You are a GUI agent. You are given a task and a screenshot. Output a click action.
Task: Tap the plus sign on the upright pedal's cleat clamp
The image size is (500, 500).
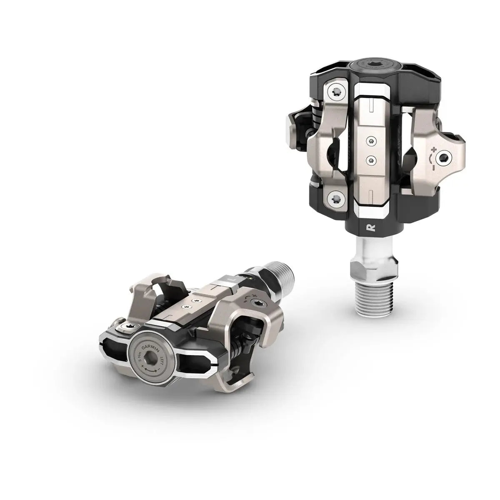pos(435,149)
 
